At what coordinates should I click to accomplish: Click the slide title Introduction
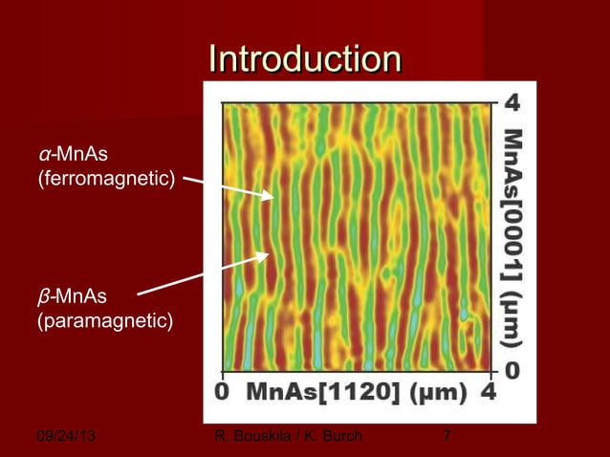coord(305,58)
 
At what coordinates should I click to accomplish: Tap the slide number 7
coord(447,438)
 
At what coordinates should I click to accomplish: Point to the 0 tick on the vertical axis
coord(512,369)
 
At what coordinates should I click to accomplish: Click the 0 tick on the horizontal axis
coord(222,392)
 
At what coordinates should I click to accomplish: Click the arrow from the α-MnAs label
coord(228,187)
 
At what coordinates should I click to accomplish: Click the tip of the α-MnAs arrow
coord(274,198)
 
